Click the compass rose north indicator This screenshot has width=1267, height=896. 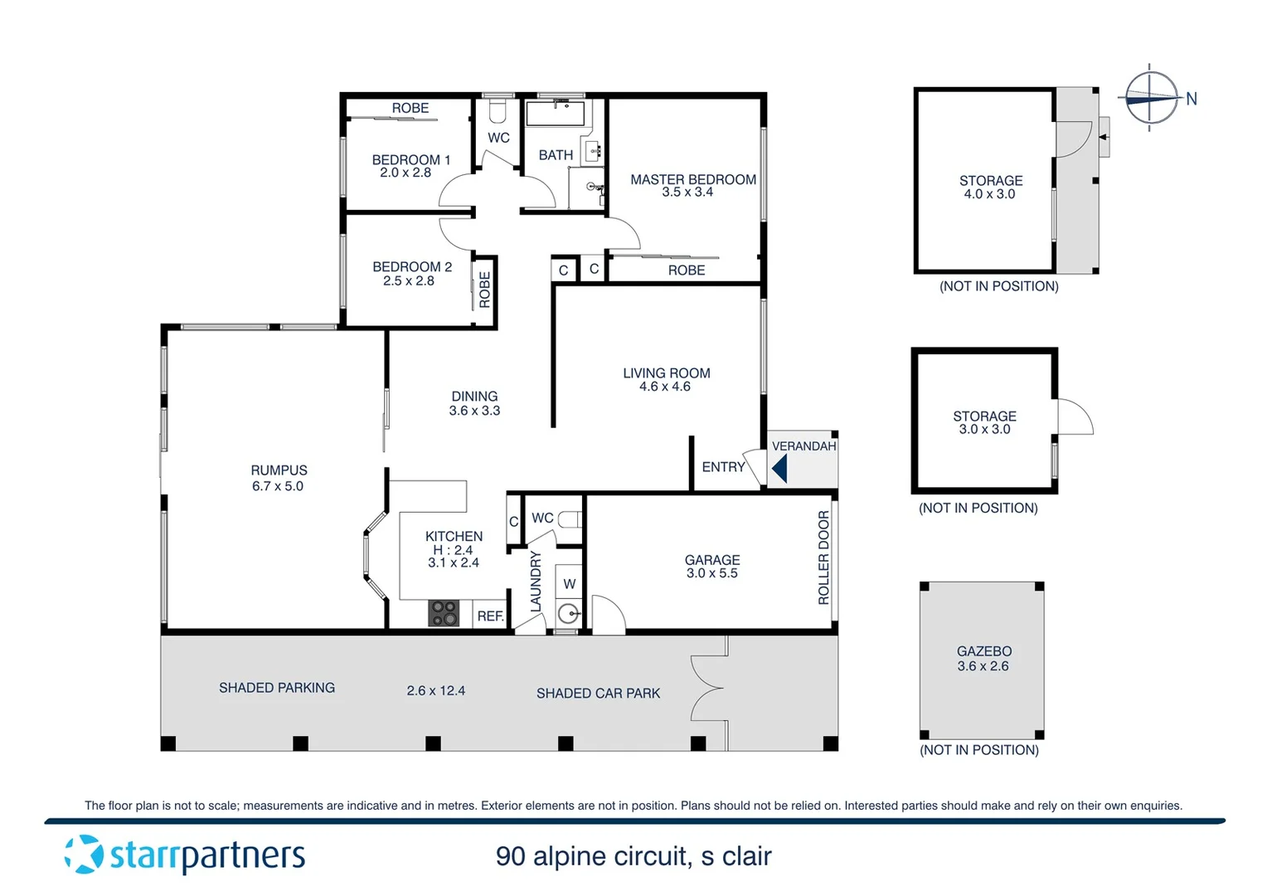coord(1150,98)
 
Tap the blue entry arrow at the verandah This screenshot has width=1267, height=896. coord(779,470)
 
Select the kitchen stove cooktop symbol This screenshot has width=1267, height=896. coord(444,613)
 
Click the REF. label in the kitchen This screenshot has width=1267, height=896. coord(490,616)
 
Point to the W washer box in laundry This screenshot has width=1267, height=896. coord(569,584)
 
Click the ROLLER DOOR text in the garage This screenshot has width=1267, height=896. coord(823,558)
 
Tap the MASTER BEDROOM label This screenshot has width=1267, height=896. coord(692,179)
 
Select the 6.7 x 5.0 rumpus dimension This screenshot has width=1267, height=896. coord(278,486)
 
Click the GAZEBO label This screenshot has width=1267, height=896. coord(983,651)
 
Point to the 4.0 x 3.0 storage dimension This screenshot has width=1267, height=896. coord(989,194)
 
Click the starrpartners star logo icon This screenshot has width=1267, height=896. coord(84,855)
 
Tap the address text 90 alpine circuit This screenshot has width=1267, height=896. coord(633,856)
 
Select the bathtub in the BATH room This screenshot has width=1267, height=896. coord(556,114)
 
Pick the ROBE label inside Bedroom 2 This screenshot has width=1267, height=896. coord(485,290)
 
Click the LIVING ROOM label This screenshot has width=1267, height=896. coord(666,373)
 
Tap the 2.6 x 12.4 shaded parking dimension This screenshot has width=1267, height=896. coord(435,690)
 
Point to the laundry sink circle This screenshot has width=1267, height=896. coord(568,614)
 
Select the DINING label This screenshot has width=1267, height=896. coord(474,397)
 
